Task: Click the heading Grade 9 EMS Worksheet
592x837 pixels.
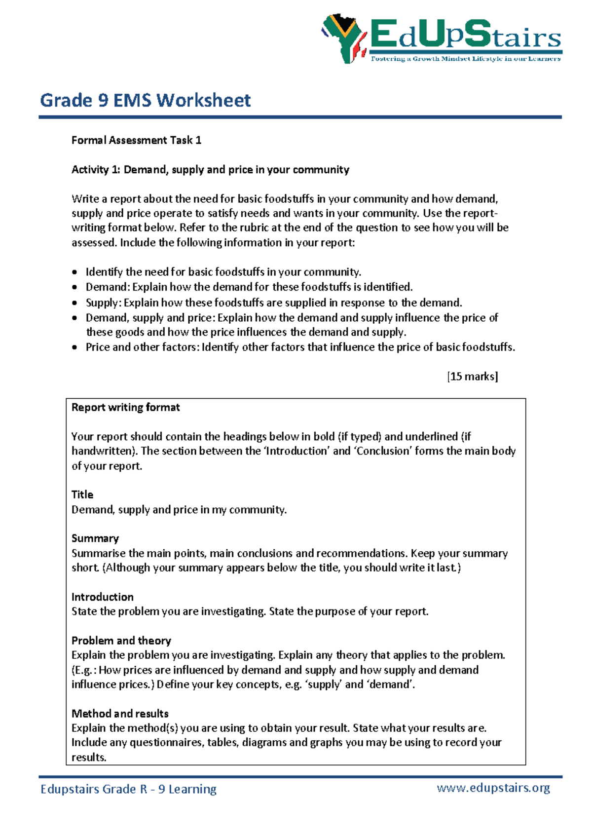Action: coord(145,101)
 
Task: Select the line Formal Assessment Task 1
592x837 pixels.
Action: coord(136,140)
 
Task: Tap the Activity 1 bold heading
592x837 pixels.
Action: coord(210,170)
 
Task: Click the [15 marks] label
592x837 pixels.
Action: coord(472,377)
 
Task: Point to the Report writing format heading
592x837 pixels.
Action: coord(125,408)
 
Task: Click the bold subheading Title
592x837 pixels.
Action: coord(82,495)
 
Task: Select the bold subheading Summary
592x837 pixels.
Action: coord(95,538)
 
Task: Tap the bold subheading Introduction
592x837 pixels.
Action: coord(103,597)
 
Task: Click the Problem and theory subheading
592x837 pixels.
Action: coord(121,641)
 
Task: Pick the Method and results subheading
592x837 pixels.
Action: coord(120,714)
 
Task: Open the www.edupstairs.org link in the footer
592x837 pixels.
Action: coord(493,788)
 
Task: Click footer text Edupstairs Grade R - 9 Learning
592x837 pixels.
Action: coord(128,789)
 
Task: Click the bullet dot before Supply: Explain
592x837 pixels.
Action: coord(74,303)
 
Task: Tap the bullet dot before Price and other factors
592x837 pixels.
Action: coord(74,347)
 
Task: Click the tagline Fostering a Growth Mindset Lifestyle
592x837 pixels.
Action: coord(465,59)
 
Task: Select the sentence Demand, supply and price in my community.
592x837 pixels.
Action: coord(179,510)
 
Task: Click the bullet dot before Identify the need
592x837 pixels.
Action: coord(74,272)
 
